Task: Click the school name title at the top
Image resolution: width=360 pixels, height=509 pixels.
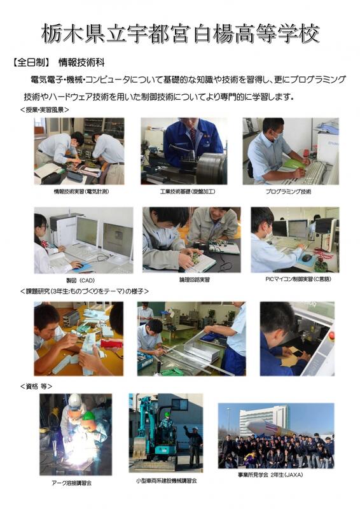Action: pyautogui.click(x=181, y=34)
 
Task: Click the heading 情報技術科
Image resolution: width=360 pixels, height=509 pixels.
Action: pyautogui.click(x=81, y=62)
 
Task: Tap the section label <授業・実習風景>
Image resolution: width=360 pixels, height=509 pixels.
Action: pyautogui.click(x=45, y=109)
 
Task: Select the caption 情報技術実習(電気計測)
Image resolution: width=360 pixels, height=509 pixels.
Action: pyautogui.click(x=81, y=192)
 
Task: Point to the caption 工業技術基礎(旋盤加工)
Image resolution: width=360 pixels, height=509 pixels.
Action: pyautogui.click(x=187, y=192)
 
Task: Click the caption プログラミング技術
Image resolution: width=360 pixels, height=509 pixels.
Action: pyautogui.click(x=288, y=192)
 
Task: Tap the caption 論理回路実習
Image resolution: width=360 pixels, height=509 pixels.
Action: pyautogui.click(x=195, y=279)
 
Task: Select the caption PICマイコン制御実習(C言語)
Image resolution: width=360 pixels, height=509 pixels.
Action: pyautogui.click(x=298, y=279)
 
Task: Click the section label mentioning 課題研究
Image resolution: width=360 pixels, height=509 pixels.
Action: pyautogui.click(x=85, y=291)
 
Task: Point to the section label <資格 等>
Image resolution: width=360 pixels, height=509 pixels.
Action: pyautogui.click(x=36, y=386)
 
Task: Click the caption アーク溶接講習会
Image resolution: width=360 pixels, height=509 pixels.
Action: pyautogui.click(x=71, y=483)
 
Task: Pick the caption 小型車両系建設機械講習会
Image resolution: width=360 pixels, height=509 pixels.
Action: pyautogui.click(x=166, y=481)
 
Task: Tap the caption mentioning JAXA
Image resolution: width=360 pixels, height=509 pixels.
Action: pyautogui.click(x=270, y=475)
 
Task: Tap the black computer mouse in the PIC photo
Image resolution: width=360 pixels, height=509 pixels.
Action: pyautogui.click(x=307, y=258)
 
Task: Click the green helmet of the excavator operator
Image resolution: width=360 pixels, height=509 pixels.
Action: pyautogui.click(x=167, y=414)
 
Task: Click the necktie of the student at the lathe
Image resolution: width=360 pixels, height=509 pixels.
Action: pyautogui.click(x=193, y=136)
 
